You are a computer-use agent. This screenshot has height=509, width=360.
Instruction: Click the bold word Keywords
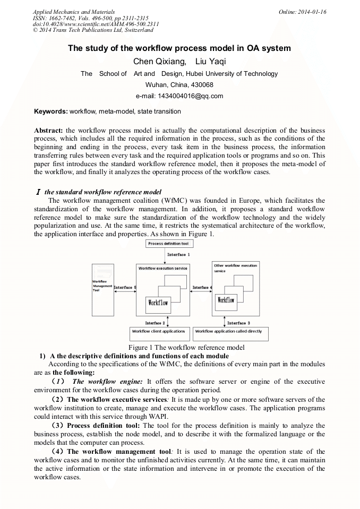coord(50,111)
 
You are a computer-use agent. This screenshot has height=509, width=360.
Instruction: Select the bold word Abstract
coord(48,131)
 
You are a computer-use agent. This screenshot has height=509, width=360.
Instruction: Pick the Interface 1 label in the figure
coord(177,255)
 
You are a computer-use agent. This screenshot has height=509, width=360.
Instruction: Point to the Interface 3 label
coord(238,323)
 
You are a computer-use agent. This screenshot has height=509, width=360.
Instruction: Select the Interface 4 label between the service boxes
coord(202,288)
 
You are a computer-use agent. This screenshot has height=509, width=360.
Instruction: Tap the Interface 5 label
coord(125,288)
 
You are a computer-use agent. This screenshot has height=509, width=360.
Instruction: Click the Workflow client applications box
coord(158,332)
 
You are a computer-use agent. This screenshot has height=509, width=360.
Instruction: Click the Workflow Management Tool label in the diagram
coord(101,286)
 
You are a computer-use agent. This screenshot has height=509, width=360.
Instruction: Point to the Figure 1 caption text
coord(179,348)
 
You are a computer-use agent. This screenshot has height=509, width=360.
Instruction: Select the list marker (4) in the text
coord(59,451)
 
